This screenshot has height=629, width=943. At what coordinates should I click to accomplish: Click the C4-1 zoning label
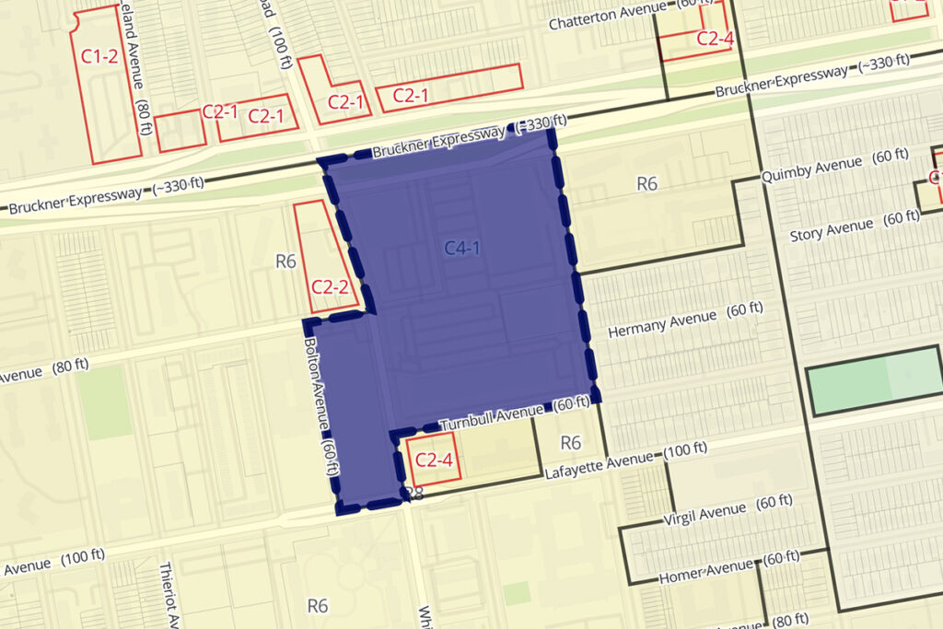pyautogui.click(x=462, y=248)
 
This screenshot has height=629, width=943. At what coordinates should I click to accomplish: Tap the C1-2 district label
pyautogui.click(x=99, y=56)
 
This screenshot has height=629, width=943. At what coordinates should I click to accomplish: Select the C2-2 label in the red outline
pyautogui.click(x=329, y=285)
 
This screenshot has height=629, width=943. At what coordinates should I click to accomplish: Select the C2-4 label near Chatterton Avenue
pyautogui.click(x=715, y=38)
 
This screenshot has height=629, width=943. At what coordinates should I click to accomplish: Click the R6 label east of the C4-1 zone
pyautogui.click(x=647, y=184)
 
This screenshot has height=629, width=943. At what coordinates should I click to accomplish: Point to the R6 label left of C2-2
pyautogui.click(x=285, y=261)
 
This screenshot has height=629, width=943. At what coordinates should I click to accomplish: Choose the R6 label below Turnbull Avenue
pyautogui.click(x=571, y=443)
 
